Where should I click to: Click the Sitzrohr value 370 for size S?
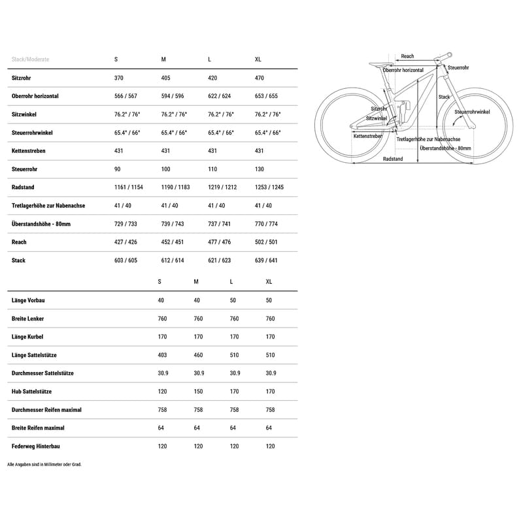point(118,78)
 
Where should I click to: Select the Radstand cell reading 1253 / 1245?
point(270,188)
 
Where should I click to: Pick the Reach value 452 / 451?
point(172,243)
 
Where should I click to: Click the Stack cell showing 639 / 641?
point(266,261)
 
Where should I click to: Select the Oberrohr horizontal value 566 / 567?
point(126,96)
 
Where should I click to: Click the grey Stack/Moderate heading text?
point(30,59)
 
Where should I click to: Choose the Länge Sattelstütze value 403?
point(162,356)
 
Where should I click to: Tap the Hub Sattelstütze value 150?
point(199,392)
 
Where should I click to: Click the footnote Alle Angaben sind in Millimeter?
point(44,464)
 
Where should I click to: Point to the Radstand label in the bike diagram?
point(393,159)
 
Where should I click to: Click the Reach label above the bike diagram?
point(407,57)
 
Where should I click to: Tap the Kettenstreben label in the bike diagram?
point(367,136)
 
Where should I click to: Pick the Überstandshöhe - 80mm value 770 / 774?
point(266,224)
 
